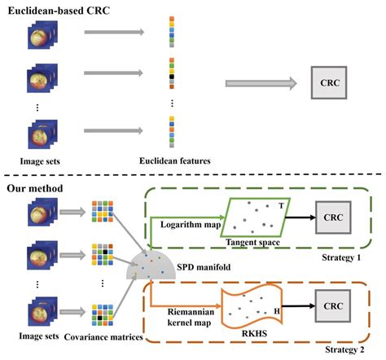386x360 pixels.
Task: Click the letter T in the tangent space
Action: point(282,207)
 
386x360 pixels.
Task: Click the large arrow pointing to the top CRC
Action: point(260,82)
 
